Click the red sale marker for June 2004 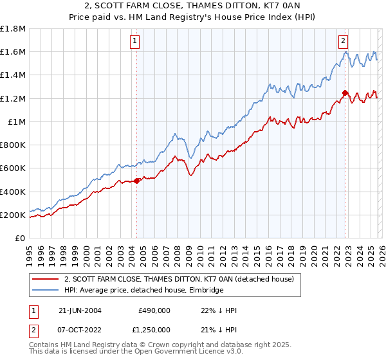click(x=136, y=181)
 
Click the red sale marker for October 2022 click(x=345, y=93)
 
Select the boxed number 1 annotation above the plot click(x=135, y=41)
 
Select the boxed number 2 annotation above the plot click(x=344, y=41)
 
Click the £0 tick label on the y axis click(x=21, y=238)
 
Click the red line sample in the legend click(x=46, y=279)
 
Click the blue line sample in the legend click(x=46, y=290)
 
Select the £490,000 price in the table click(x=154, y=310)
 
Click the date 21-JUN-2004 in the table click(x=80, y=310)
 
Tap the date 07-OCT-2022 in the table click(x=80, y=330)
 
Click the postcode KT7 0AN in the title click(x=257, y=7)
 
